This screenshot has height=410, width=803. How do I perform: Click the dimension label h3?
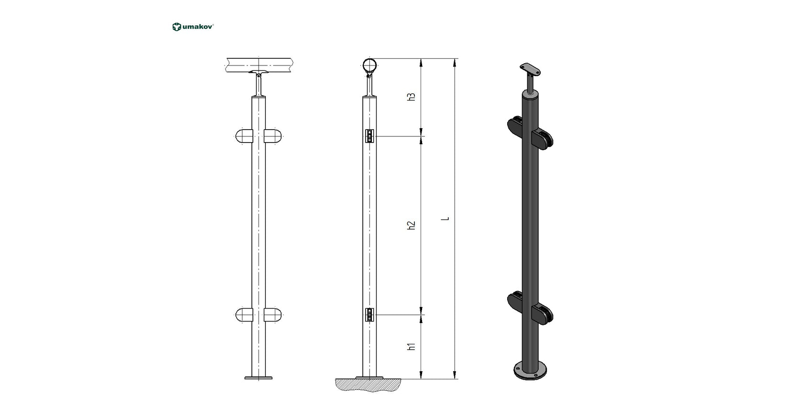pos(412,96)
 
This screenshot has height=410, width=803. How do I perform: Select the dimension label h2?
pos(412,225)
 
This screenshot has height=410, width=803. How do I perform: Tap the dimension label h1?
pos(412,346)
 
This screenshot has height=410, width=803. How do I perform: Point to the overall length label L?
pos(445,219)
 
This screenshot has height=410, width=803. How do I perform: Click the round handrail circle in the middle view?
pos(369,66)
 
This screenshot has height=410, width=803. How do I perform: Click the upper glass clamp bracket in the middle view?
pos(369,136)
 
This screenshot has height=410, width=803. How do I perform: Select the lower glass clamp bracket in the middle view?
pos(369,315)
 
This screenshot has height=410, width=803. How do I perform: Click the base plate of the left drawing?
pos(259,378)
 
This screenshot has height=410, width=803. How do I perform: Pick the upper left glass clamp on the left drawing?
pos(244,136)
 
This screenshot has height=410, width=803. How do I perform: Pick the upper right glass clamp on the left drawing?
pos(272,136)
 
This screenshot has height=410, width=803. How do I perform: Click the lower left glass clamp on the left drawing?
pos(244,315)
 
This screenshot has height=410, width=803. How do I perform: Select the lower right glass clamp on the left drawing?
pos(272,315)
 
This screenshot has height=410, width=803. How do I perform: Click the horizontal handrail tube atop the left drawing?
pos(259,65)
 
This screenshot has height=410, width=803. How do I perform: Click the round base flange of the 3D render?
pos(530,370)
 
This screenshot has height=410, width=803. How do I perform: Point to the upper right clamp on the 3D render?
pos(543,139)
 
